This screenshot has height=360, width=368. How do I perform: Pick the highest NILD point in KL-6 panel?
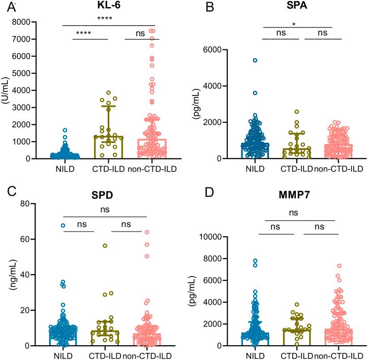(x=65, y=130)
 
